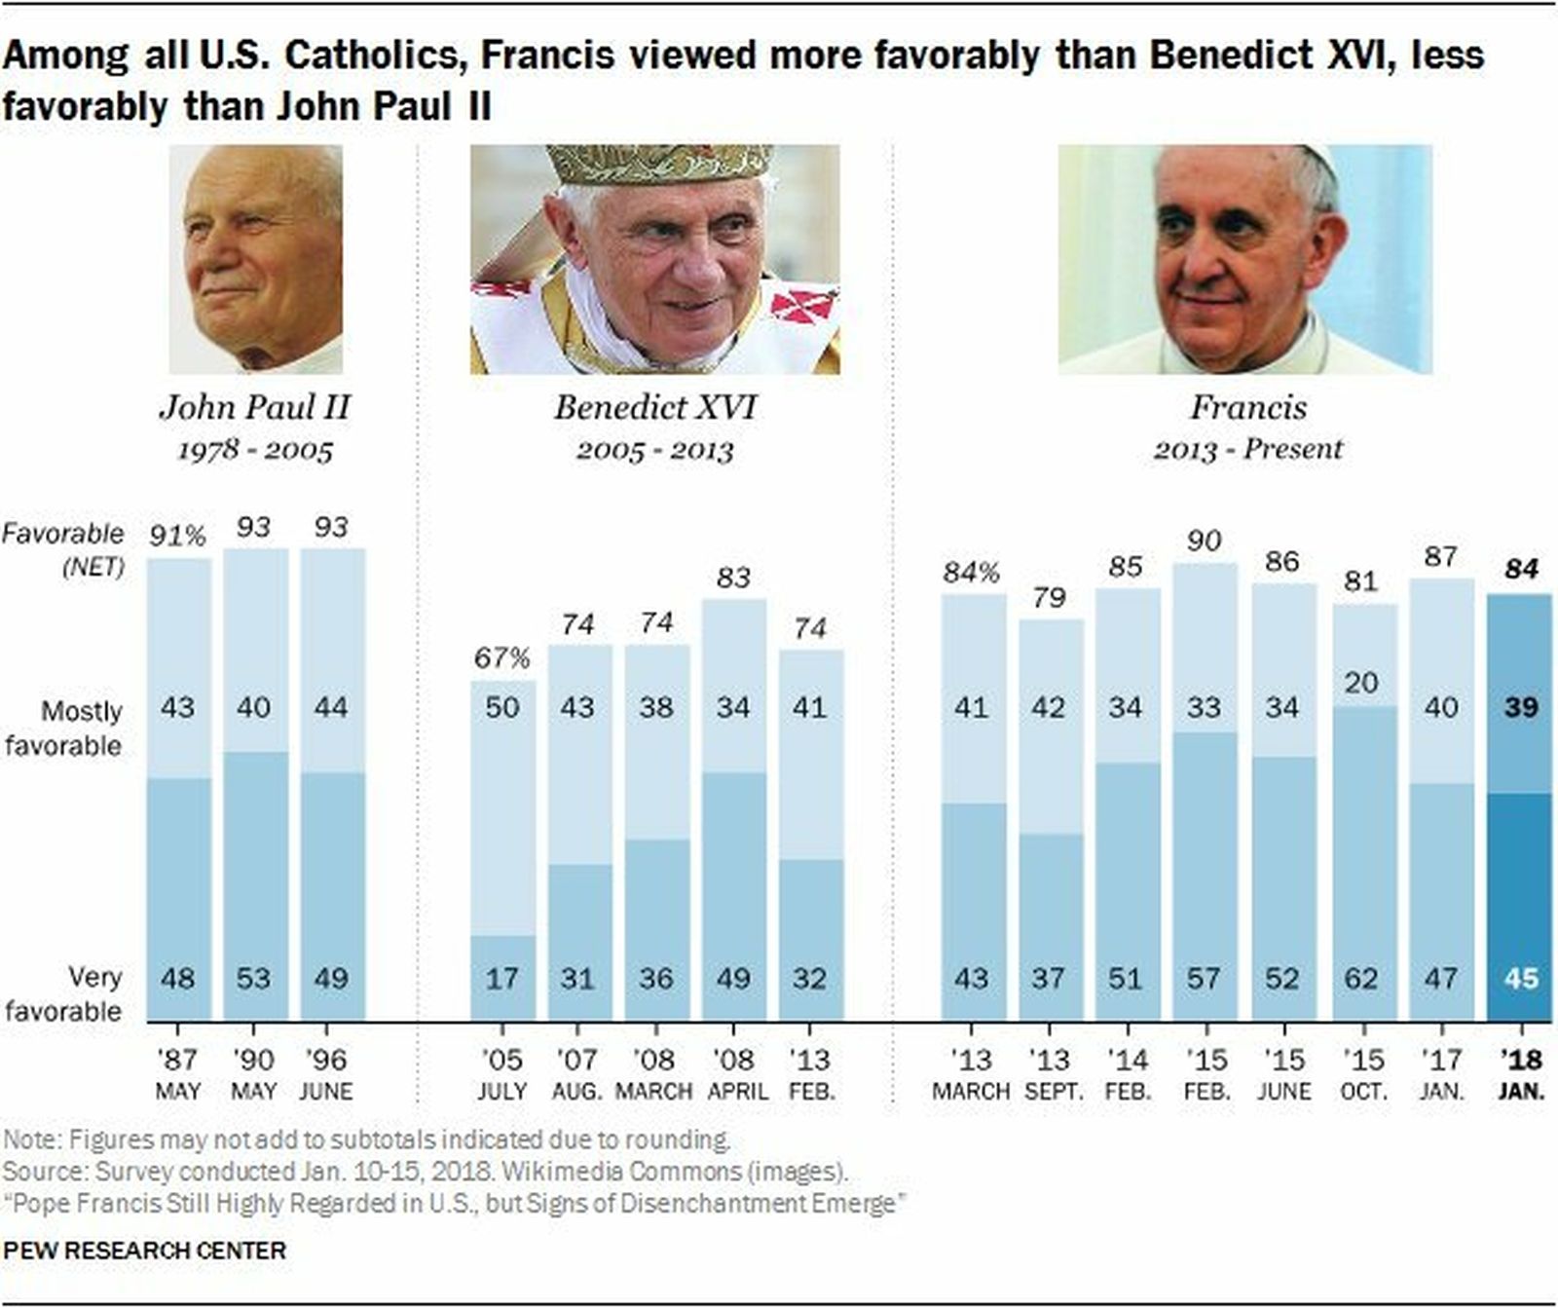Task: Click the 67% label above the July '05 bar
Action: pyautogui.click(x=501, y=658)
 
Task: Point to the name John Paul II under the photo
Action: pyautogui.click(x=254, y=407)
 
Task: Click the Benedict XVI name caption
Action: pyautogui.click(x=654, y=407)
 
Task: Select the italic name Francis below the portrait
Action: pyautogui.click(x=1247, y=407)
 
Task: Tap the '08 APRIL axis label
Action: pyautogui.click(x=736, y=1074)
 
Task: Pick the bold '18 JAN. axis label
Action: pyautogui.click(x=1520, y=1074)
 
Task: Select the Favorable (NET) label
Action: pyautogui.click(x=64, y=548)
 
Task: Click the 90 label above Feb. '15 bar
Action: pyautogui.click(x=1205, y=541)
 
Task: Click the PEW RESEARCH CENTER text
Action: pyautogui.click(x=145, y=1251)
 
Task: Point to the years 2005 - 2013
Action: pyautogui.click(x=654, y=451)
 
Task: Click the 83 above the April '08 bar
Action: pyautogui.click(x=733, y=578)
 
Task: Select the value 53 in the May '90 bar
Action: pyautogui.click(x=253, y=977)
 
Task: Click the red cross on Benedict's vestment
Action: pyautogui.click(x=804, y=305)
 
